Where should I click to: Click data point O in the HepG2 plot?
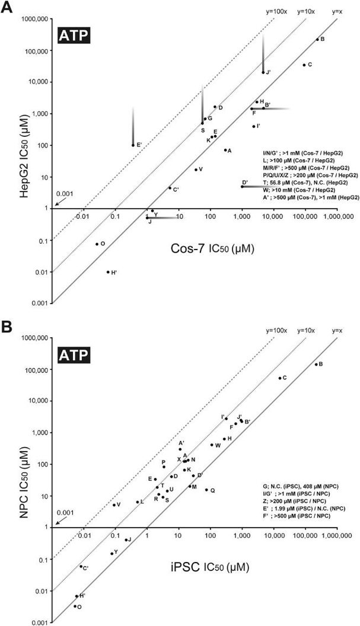click(97, 244)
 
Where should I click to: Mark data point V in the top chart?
click(196, 170)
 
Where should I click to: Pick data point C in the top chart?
click(304, 65)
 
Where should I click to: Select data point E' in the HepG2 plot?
click(133, 145)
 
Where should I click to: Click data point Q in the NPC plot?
click(206, 490)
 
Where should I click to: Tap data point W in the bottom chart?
click(212, 445)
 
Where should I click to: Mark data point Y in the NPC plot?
click(111, 553)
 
